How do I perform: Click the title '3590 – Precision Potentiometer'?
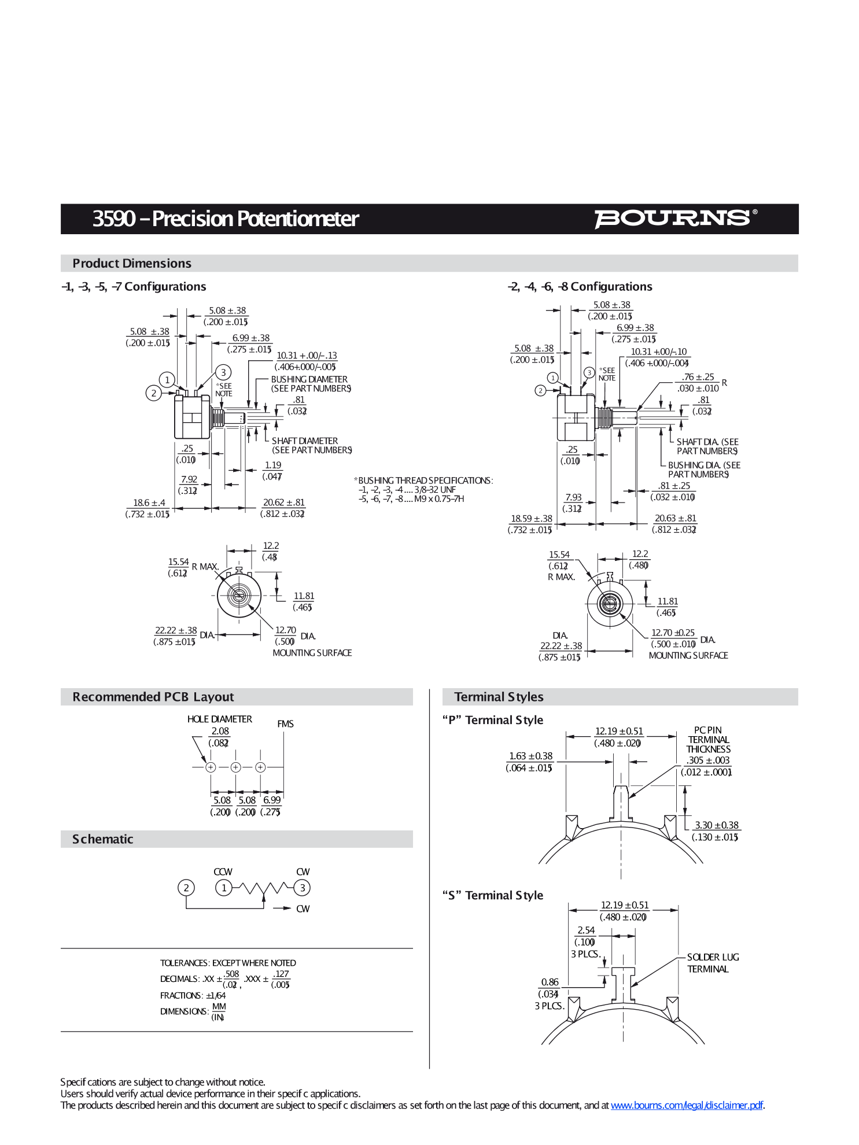point(226,219)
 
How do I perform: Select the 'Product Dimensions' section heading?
point(132,264)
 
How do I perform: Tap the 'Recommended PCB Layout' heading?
point(153,697)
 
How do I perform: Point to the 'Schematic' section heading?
point(103,839)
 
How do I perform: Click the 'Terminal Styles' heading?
point(499,697)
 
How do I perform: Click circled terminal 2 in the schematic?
point(186,888)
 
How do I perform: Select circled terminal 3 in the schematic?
point(302,888)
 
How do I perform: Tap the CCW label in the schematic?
point(223,872)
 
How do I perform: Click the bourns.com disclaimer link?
point(687,1105)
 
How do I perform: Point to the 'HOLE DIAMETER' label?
point(219,719)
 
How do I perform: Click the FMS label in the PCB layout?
point(285,724)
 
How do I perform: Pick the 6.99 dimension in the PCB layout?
point(272,800)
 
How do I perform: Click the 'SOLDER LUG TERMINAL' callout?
point(712,963)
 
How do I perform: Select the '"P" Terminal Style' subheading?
point(493,720)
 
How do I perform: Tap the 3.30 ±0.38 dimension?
point(717,825)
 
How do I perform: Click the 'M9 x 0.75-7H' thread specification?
point(439,499)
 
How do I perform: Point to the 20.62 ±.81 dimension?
point(283,503)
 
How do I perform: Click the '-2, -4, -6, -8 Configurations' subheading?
point(580,287)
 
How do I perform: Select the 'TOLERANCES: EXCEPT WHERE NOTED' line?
point(228,963)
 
